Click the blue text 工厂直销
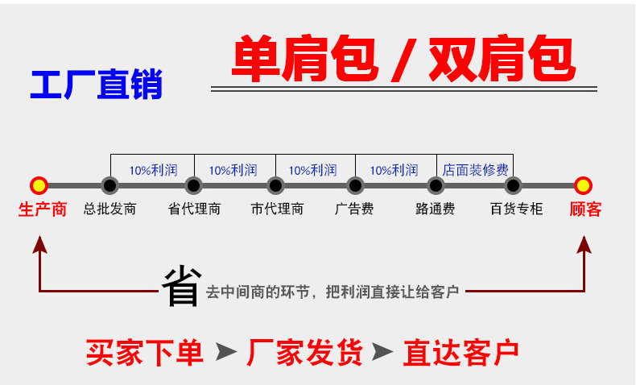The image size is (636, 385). tap(97, 85)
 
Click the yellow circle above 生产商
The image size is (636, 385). tap(39, 185)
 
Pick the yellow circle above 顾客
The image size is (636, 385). tap(583, 185)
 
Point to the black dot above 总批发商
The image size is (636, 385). tap(109, 185)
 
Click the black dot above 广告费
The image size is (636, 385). tap(355, 185)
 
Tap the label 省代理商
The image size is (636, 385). tap(194, 209)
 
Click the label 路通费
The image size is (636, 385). tap(436, 209)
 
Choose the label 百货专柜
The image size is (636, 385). tap(516, 209)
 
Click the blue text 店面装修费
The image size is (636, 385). tap(475, 170)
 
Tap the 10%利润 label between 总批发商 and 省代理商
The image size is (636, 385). tap(153, 170)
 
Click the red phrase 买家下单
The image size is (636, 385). tap(145, 352)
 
